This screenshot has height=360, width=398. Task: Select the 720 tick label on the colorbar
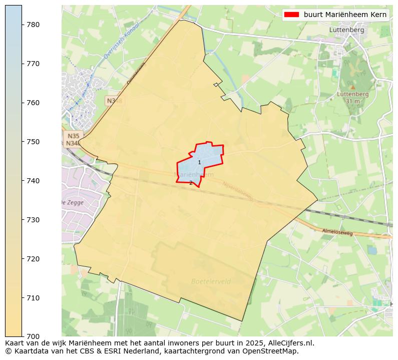click(33, 259)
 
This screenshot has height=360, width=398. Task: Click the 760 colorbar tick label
click(33, 103)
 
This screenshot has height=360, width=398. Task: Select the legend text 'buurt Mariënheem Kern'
click(345, 15)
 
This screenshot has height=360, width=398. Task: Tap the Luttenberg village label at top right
click(347, 30)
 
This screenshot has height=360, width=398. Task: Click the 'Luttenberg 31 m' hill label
click(352, 97)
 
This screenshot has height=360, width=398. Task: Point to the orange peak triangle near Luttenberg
click(352, 87)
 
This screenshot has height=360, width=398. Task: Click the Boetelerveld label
click(211, 281)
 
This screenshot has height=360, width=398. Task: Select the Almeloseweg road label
click(338, 233)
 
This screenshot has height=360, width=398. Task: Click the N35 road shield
click(73, 136)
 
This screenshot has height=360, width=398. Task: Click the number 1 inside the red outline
click(199, 162)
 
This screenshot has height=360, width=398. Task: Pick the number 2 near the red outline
click(191, 183)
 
